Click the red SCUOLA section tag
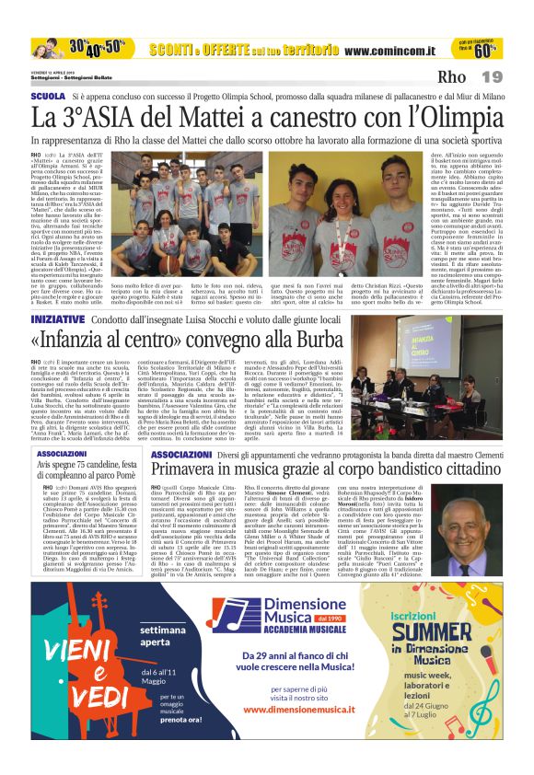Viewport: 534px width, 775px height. [x=48, y=96]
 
